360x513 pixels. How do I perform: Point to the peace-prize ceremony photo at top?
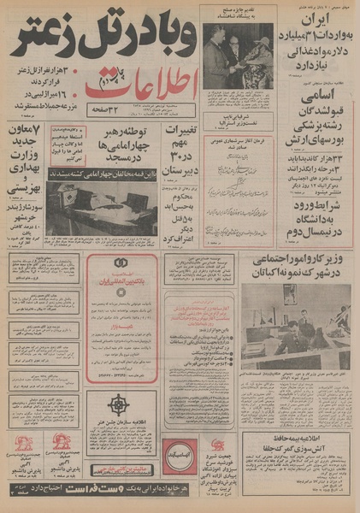pos(238,56)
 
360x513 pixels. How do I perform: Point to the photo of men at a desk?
pos(296,325)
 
